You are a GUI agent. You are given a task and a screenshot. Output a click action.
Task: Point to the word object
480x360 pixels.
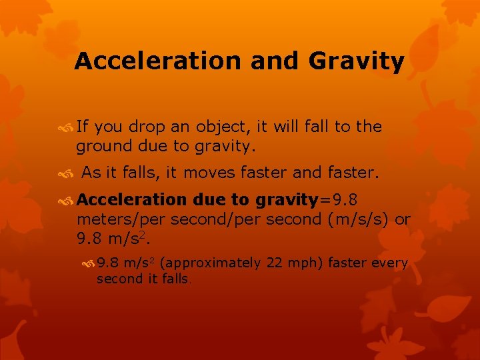coord(217,127)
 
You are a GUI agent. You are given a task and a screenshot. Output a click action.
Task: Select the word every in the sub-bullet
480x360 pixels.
coord(390,263)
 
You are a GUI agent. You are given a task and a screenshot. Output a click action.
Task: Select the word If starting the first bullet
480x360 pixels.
coord(83,127)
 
